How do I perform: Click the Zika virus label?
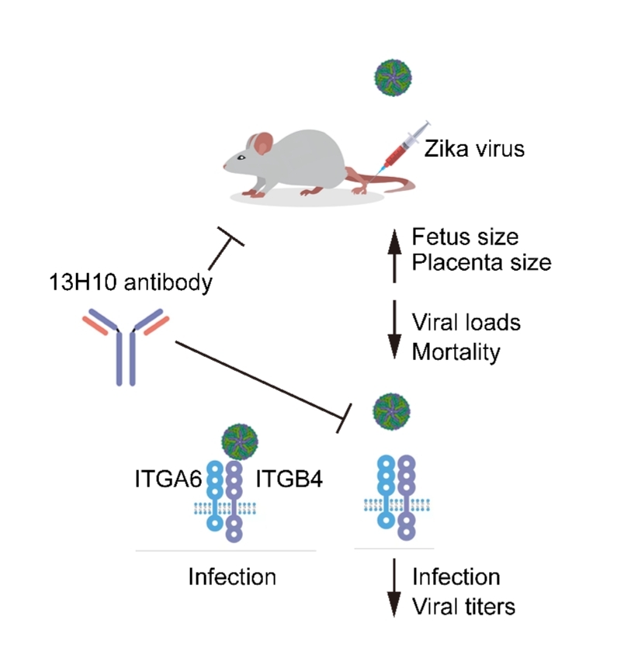click(474, 147)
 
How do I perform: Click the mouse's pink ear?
click(263, 143)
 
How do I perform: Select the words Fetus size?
click(465, 236)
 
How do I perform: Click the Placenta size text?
click(481, 262)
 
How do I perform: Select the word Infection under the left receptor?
click(232, 577)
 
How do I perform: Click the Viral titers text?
click(463, 605)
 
